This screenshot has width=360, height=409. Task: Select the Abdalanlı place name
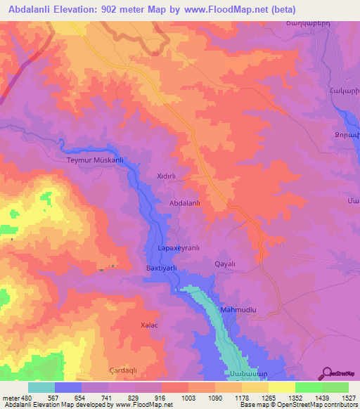(x=186, y=203)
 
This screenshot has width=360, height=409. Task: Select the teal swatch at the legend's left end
(x=41, y=387)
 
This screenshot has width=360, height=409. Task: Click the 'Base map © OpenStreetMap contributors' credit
(x=299, y=405)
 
